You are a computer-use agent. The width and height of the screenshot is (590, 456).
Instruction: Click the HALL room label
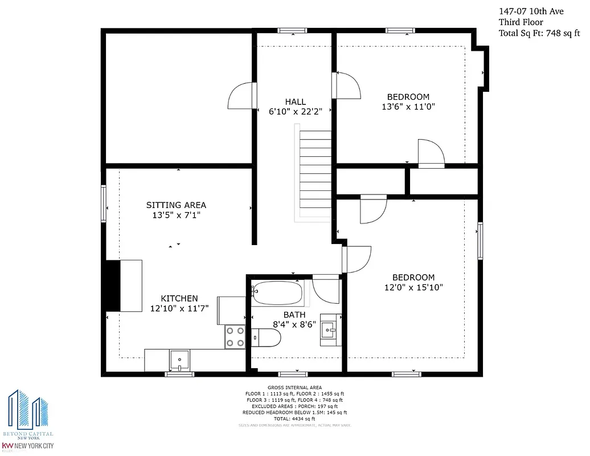pyautogui.click(x=295, y=101)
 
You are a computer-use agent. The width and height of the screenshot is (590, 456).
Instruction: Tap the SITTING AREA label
pyautogui.click(x=176, y=205)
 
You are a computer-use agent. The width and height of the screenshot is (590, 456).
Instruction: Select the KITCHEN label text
pyautogui.click(x=179, y=298)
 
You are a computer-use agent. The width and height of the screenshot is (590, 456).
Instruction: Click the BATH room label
pyautogui.click(x=294, y=315)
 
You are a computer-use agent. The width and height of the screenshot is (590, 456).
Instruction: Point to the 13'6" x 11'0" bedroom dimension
pyautogui.click(x=408, y=107)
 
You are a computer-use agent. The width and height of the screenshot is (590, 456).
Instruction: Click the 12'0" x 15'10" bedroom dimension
pyautogui.click(x=413, y=288)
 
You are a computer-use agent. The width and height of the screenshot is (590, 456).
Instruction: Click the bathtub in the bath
pyautogui.click(x=278, y=292)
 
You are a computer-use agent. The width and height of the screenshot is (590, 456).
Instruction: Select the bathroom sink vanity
pyautogui.click(x=329, y=329)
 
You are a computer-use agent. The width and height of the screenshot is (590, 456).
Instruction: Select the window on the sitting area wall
pyautogui.click(x=104, y=202)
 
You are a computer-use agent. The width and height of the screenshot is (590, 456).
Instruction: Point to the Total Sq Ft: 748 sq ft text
pyautogui.click(x=539, y=33)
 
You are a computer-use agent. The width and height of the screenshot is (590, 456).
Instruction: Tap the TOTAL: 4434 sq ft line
pyautogui.click(x=294, y=418)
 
